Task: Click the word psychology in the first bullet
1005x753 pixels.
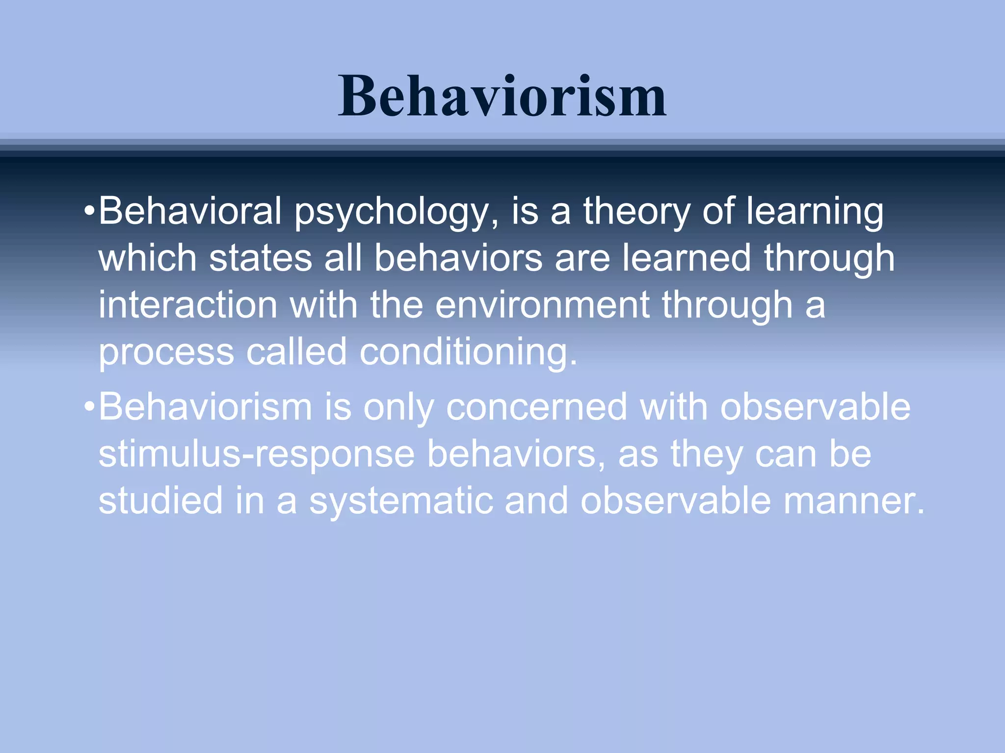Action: click(x=397, y=212)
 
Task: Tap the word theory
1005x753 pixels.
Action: click(x=636, y=212)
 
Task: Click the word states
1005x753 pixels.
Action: click(x=261, y=258)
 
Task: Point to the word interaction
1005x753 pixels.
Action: click(x=188, y=304)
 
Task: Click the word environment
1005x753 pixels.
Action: click(x=542, y=304)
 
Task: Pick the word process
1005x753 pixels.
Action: click(x=166, y=352)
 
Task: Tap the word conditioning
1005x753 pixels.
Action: click(x=468, y=352)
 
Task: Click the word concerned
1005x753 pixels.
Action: click(x=536, y=407)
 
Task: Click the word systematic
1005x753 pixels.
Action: click(x=400, y=501)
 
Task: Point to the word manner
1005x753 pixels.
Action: click(x=853, y=501)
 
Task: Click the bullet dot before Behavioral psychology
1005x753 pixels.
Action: click(x=89, y=212)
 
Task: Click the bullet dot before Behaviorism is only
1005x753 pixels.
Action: click(x=89, y=407)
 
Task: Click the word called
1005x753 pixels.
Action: click(x=296, y=352)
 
